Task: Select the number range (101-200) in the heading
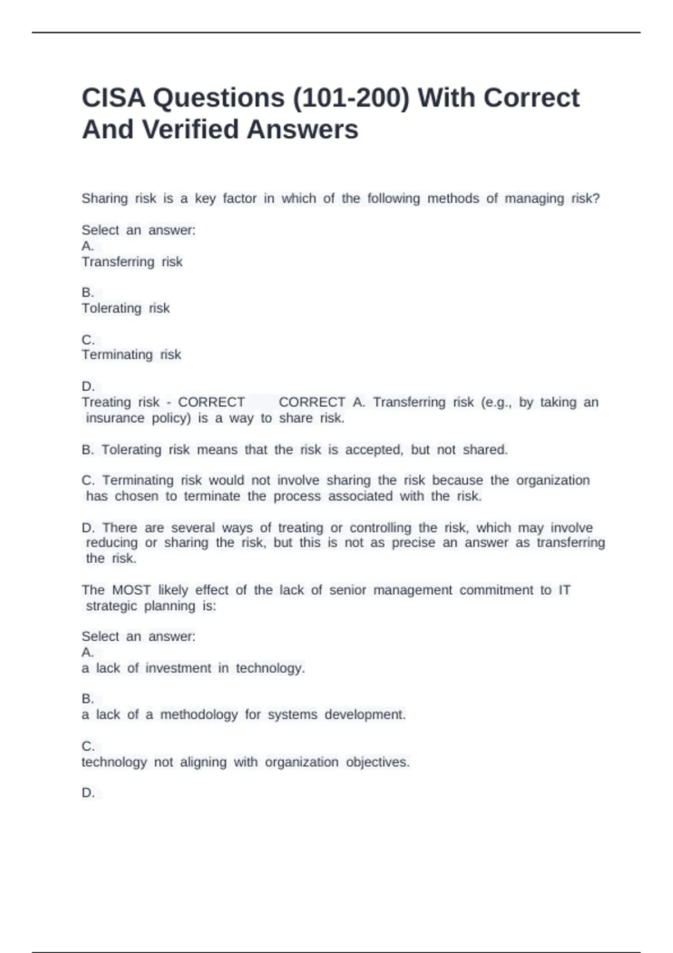tap(351, 98)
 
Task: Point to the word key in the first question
tap(205, 198)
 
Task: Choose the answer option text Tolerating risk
tap(126, 308)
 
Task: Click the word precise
tap(413, 543)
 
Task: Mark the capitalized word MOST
tap(131, 590)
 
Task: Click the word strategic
tap(110, 606)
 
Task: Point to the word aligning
tap(203, 762)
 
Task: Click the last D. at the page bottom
tap(88, 793)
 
